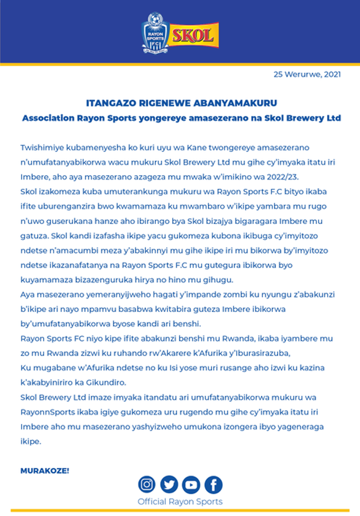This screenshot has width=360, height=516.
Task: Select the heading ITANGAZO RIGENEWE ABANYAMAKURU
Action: [180, 103]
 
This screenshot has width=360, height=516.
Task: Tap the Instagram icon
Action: [147, 484]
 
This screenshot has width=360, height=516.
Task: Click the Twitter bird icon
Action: [169, 484]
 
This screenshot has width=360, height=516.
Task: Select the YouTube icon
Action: [191, 484]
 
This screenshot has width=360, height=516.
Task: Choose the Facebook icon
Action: [213, 484]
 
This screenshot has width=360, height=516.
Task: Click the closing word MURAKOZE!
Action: [45, 470]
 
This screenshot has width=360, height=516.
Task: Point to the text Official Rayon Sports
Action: [180, 501]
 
